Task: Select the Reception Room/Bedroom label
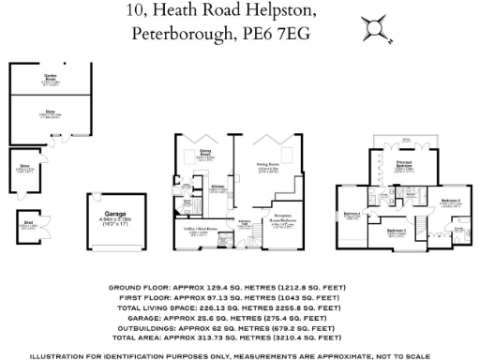tap(283, 221)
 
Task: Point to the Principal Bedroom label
tap(405, 164)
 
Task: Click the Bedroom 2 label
tap(450, 200)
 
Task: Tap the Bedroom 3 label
tap(397, 231)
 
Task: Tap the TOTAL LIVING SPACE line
tap(239, 307)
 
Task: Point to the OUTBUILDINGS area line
tap(239, 328)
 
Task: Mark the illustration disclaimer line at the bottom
tap(239, 355)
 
